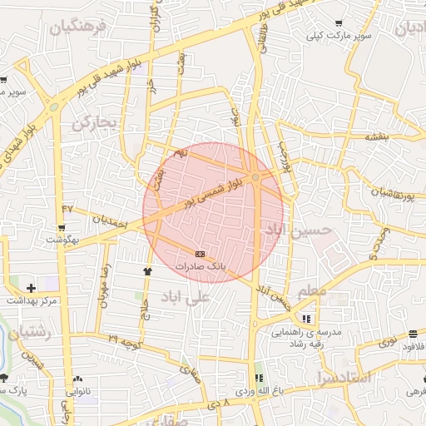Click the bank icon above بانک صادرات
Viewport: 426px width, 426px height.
[x=199, y=253]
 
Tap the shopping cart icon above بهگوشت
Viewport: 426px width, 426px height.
[x=62, y=227]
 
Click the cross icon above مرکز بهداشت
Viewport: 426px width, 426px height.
[x=32, y=287]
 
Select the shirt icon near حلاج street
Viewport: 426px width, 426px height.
[x=148, y=270]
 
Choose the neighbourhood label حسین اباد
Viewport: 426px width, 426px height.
[x=297, y=228]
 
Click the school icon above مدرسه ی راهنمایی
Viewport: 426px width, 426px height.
[x=307, y=319]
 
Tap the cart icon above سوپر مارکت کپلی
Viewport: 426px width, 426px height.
[x=338, y=23]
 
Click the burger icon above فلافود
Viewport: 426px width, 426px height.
[x=414, y=334]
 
